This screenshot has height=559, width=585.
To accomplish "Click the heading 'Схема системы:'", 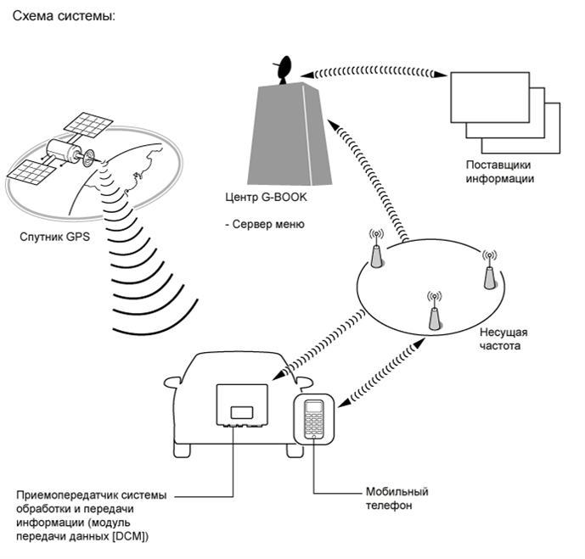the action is (x=65, y=16).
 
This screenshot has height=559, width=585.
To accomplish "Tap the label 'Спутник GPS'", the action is (x=55, y=237).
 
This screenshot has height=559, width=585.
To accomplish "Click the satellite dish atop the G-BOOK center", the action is (x=284, y=70).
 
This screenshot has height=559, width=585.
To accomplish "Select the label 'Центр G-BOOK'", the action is (x=266, y=197).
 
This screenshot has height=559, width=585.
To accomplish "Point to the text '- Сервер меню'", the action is (x=265, y=224).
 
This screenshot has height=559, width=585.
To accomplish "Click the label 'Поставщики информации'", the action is (x=500, y=172).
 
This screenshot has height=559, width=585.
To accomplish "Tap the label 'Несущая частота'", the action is (x=503, y=338).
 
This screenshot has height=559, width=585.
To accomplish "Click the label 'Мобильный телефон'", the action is (x=397, y=499).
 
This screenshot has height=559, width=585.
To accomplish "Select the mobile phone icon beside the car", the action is (x=314, y=419).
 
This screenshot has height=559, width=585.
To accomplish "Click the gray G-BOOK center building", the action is (x=290, y=134).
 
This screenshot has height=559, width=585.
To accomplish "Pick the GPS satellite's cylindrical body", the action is (x=64, y=151).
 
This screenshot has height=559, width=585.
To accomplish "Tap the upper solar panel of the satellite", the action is (x=88, y=125).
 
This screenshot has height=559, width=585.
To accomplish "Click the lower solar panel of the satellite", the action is (x=31, y=172).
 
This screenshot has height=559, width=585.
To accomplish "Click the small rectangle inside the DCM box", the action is (x=242, y=413).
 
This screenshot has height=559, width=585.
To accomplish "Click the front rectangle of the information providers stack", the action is (x=490, y=98).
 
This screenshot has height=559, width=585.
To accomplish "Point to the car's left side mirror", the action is (x=172, y=383).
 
